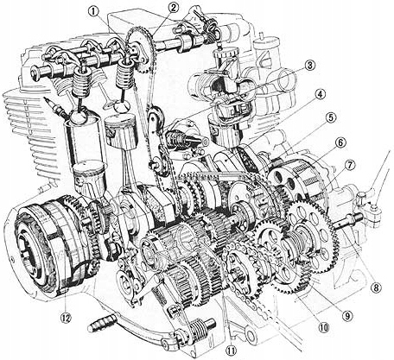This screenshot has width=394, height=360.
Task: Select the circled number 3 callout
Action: pos(308,65)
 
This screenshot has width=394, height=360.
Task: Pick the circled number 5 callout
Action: pos(332,117)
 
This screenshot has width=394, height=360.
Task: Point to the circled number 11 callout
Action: pos(230,349)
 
